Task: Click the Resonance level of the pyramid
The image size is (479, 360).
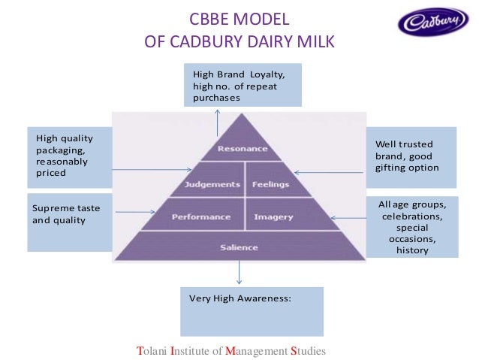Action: click(x=243, y=149)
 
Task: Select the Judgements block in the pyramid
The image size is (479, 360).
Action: click(x=211, y=184)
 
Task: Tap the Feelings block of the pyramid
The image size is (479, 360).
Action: click(x=270, y=184)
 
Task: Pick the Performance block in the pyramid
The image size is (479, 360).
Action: click(x=201, y=216)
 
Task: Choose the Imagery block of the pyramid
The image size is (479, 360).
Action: click(x=273, y=216)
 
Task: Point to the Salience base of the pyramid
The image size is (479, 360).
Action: click(x=239, y=247)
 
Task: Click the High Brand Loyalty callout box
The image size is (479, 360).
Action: click(x=243, y=86)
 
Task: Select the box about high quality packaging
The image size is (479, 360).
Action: click(x=69, y=156)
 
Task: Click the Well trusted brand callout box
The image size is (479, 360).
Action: click(x=411, y=156)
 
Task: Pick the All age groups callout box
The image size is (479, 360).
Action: click(x=411, y=226)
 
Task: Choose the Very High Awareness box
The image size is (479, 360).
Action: click(x=252, y=310)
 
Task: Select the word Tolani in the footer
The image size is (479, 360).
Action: click(x=152, y=351)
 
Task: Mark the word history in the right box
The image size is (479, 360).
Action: click(x=412, y=250)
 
